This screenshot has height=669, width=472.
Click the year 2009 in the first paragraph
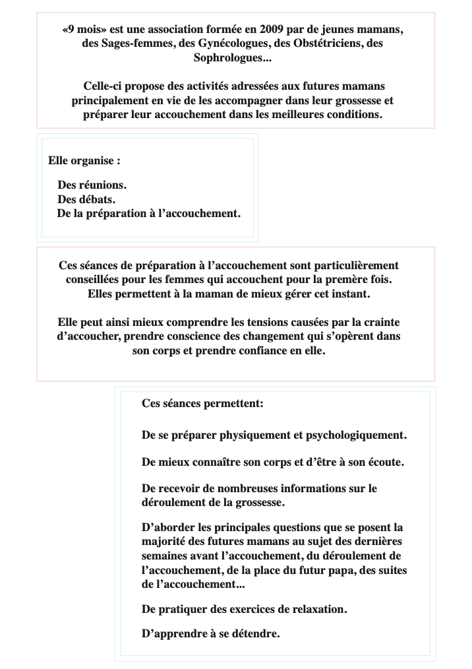(273, 30)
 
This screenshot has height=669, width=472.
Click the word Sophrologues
(231, 58)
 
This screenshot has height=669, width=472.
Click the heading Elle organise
(84, 160)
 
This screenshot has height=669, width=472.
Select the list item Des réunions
(92, 185)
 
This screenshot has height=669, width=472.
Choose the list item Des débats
(87, 199)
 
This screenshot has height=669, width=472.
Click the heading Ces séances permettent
(202, 403)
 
